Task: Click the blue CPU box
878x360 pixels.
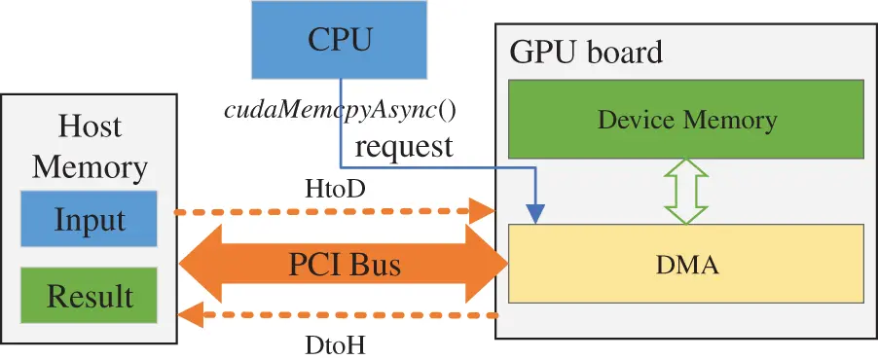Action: coord(339,40)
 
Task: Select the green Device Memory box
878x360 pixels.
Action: coord(686,120)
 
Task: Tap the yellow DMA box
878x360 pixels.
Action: coord(686,264)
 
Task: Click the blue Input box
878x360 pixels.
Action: coord(89,219)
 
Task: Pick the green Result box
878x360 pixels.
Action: coord(89,295)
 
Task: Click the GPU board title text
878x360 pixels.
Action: coord(586,52)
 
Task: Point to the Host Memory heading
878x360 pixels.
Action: coord(90,147)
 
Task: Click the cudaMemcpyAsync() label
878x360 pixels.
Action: coord(340,109)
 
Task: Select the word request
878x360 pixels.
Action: coord(403,147)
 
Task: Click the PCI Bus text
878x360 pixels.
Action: coord(345,264)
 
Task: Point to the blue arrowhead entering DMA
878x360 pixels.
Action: coord(534,213)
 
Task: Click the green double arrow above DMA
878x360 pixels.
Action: coord(686,191)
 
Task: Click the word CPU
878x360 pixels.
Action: coord(339,40)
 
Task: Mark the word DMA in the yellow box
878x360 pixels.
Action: coord(686,264)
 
